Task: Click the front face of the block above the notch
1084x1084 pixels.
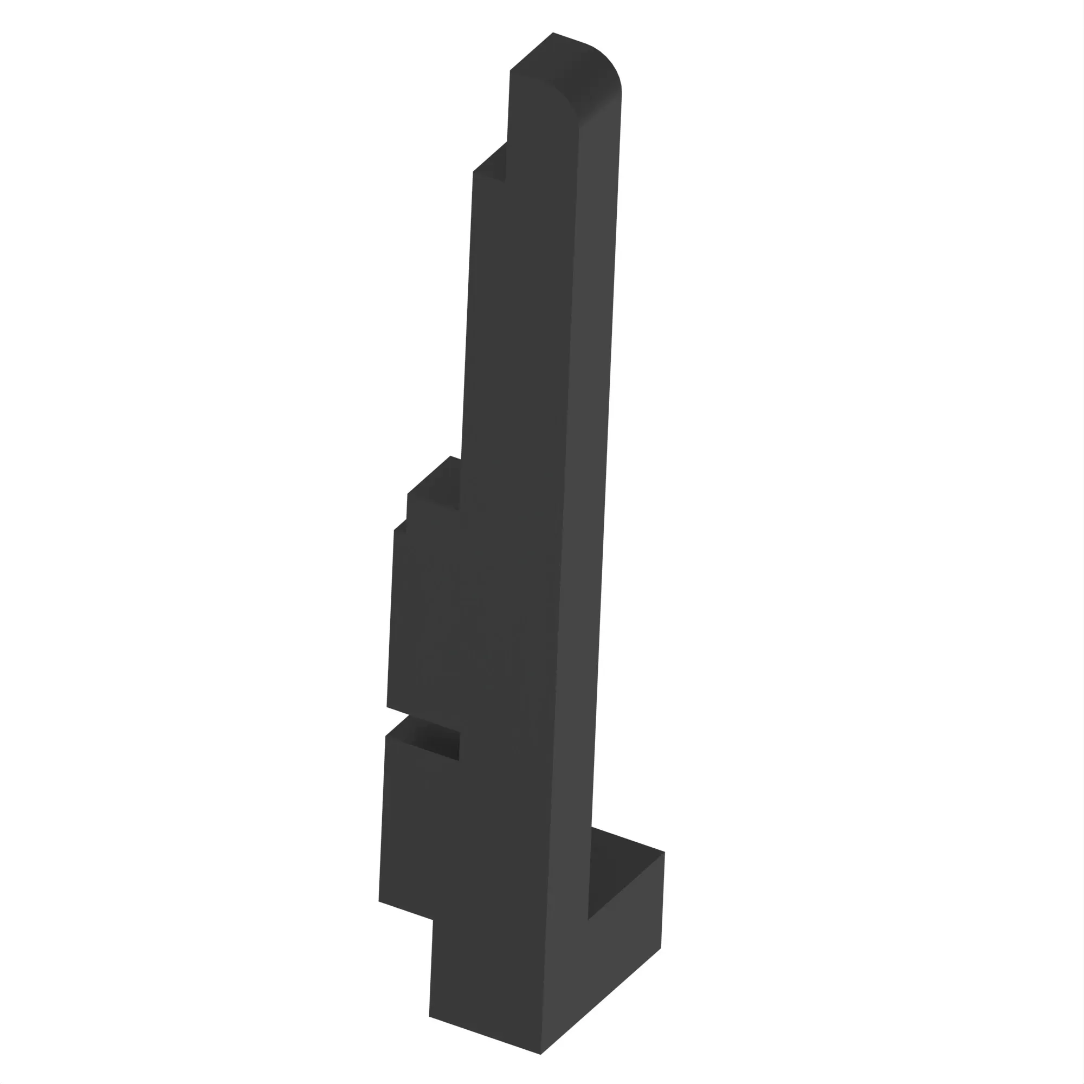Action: tap(427, 617)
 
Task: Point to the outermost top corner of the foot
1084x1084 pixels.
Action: tap(664, 852)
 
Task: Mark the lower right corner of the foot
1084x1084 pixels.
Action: tap(661, 948)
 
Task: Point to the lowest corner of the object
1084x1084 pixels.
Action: tap(540, 1054)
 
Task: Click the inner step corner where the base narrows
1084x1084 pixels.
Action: tap(433, 920)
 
